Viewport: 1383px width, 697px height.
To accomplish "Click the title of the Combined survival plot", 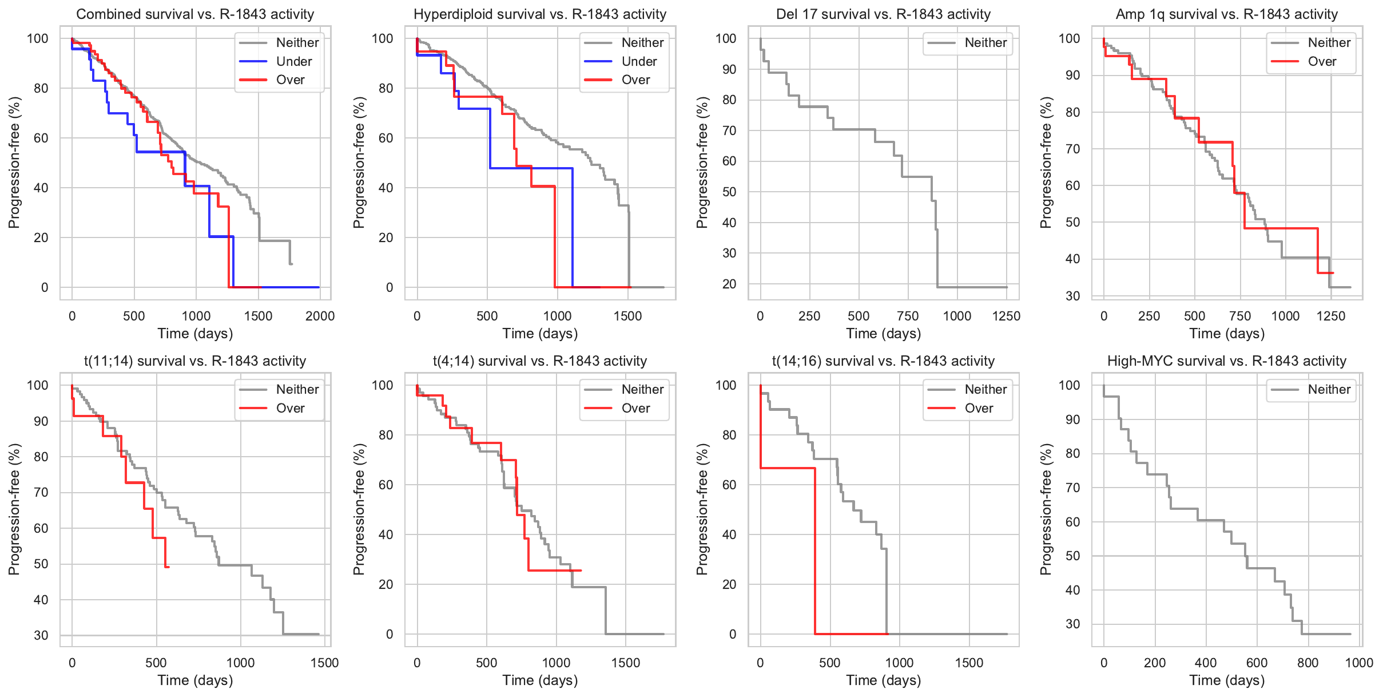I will click(195, 14).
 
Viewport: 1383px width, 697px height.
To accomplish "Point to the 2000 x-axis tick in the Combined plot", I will click(320, 316).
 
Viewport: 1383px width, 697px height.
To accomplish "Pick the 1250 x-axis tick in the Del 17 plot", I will click(1006, 316).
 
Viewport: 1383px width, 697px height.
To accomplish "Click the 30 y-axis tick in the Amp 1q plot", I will click(1072, 296).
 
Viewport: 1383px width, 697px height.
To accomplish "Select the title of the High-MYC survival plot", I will click(1227, 361).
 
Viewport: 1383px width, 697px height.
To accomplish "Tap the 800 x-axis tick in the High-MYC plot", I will click(1308, 663).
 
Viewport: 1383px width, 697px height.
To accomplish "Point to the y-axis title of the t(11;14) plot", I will click(14, 509).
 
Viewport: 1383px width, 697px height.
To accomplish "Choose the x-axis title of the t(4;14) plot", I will click(540, 680).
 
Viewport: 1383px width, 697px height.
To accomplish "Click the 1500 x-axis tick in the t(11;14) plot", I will click(324, 663).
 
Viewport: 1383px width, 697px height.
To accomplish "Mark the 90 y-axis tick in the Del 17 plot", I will click(729, 69).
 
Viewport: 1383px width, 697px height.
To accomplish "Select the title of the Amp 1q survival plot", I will click(1227, 14).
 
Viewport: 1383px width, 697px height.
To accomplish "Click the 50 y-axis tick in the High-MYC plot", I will click(1072, 556).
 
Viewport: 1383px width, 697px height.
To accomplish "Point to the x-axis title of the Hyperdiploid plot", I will click(540, 334).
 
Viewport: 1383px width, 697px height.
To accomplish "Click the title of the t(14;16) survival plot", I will click(883, 361).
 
